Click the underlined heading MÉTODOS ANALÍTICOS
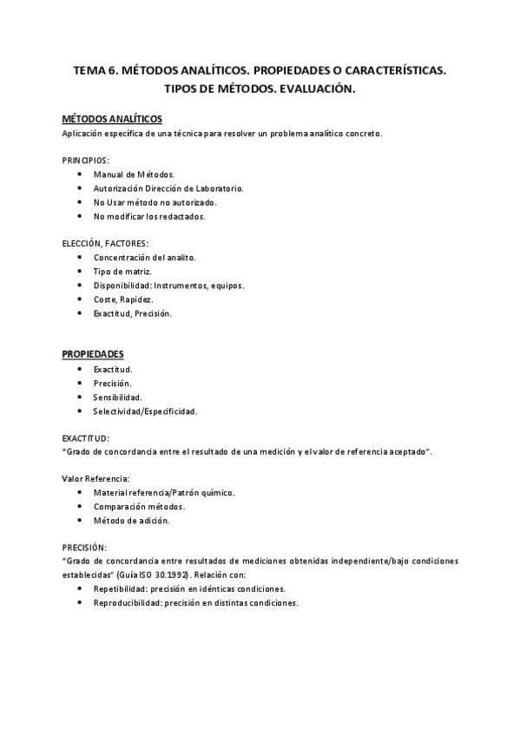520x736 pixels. [112, 119]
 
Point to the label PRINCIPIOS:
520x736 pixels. [85, 161]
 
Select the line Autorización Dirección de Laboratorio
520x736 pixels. [168, 187]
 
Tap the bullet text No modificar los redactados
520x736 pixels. [148, 215]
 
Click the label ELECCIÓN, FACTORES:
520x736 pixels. [105, 244]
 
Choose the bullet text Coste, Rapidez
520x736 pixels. [123, 299]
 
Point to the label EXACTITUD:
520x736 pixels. [86, 439]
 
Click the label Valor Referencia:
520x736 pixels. [95, 478]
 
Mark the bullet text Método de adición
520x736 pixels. [131, 520]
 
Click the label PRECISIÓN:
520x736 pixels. [85, 548]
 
